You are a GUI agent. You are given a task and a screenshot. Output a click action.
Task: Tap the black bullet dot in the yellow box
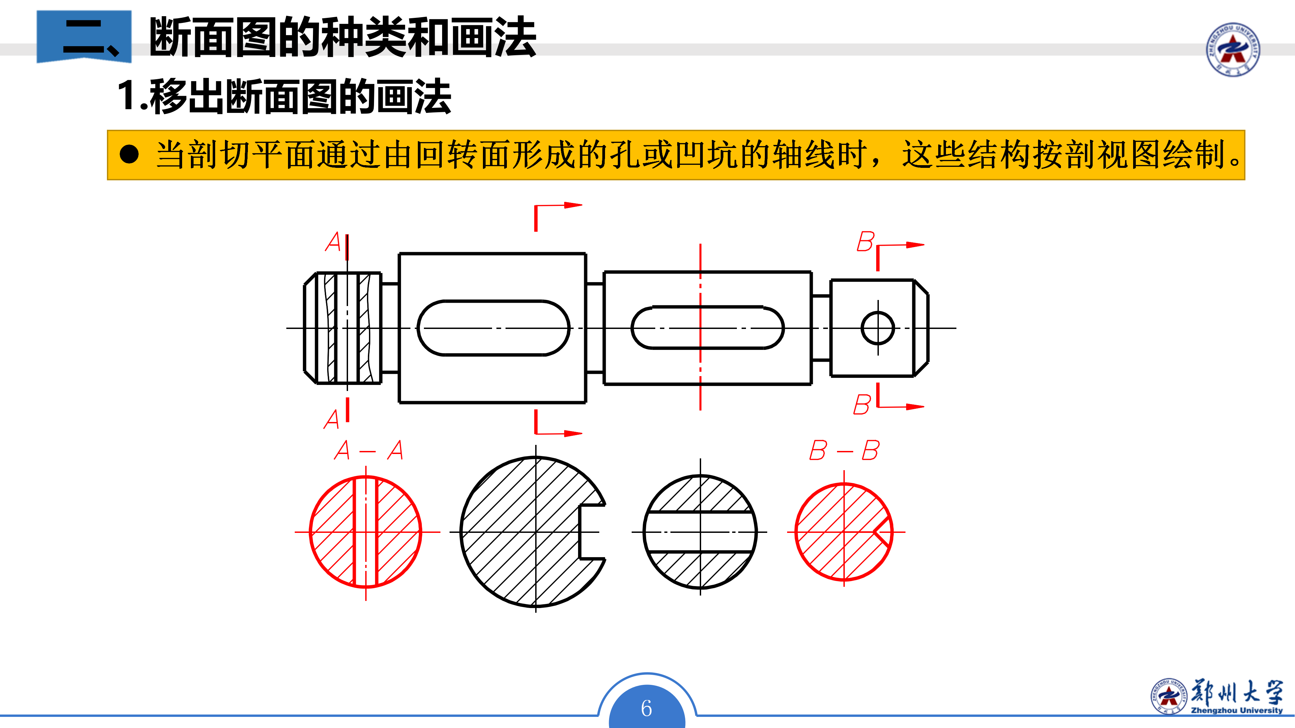tap(129, 154)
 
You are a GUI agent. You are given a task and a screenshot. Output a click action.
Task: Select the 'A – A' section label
tap(369, 450)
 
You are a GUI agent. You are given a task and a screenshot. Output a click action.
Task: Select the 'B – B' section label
tap(844, 450)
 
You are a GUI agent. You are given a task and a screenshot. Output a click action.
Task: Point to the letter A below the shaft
tap(332, 419)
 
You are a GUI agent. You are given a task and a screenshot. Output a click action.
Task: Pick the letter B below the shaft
tap(862, 404)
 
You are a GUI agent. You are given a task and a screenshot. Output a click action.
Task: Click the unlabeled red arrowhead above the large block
tap(573, 205)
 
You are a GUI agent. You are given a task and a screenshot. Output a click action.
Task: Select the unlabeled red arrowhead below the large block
tap(573, 433)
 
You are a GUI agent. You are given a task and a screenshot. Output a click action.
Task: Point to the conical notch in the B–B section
tap(882, 532)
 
